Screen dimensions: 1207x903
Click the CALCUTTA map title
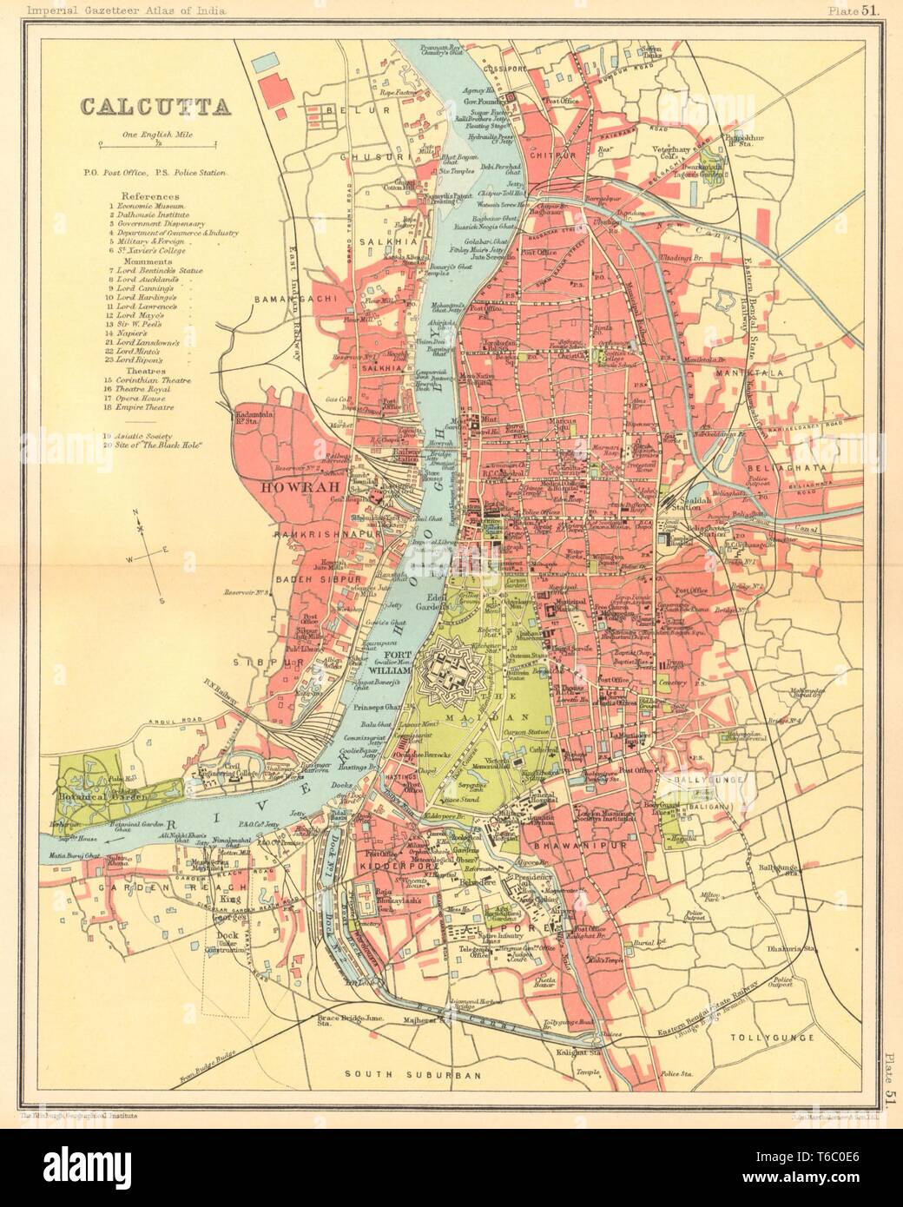pos(155,106)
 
